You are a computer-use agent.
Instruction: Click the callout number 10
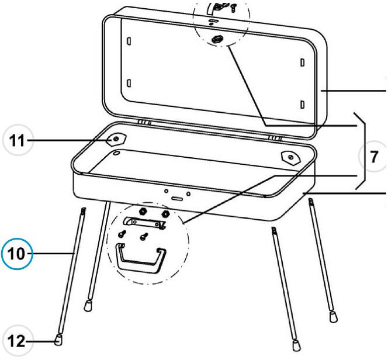click(x=16, y=254)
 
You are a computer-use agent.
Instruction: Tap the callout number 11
click(x=17, y=141)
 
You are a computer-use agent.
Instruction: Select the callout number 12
click(x=16, y=341)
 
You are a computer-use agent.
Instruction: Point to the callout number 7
click(x=374, y=157)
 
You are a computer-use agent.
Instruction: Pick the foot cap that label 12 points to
click(x=58, y=340)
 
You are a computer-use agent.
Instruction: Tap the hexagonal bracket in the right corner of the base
click(x=290, y=157)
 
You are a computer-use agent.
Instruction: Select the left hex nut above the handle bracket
click(x=142, y=212)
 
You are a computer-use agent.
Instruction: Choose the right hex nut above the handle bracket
click(x=165, y=213)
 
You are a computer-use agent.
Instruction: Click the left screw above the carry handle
click(x=122, y=234)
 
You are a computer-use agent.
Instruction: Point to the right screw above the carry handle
click(x=144, y=236)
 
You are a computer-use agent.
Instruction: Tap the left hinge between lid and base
click(x=145, y=122)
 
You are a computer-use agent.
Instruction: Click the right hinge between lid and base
click(x=275, y=138)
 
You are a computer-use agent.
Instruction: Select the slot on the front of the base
click(x=177, y=199)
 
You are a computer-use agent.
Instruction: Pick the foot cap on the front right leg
click(x=296, y=345)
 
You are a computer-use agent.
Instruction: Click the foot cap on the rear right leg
click(x=333, y=317)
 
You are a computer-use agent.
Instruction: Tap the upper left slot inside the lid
click(x=129, y=41)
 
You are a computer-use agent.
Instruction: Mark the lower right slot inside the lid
click(x=302, y=105)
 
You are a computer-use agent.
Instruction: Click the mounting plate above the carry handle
click(x=145, y=222)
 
